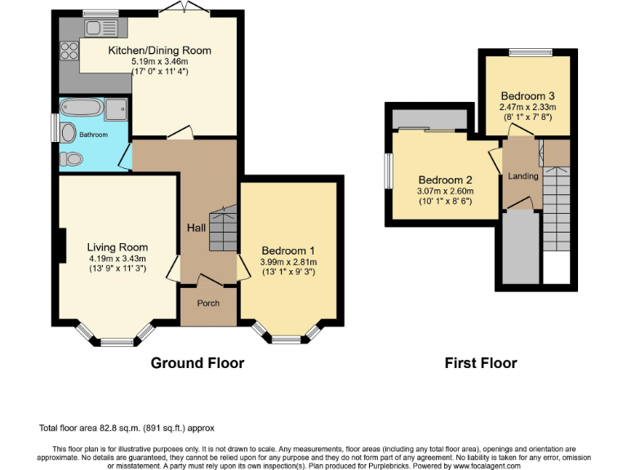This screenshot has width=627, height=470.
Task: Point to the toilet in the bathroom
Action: [x=71, y=158]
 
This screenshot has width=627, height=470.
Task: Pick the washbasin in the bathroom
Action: [x=67, y=133]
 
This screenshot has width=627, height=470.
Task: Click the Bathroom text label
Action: [x=93, y=135]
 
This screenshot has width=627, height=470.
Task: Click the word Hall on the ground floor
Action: [x=196, y=228]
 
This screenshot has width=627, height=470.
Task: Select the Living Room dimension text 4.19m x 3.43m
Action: [x=118, y=258]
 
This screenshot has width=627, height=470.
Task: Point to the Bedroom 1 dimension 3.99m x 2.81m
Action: [x=287, y=262]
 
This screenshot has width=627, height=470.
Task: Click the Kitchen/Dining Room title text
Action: [x=160, y=51]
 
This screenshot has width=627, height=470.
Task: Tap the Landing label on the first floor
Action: [x=523, y=176]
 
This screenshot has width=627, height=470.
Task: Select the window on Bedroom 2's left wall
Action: [x=389, y=172]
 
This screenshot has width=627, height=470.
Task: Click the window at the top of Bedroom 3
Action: [x=527, y=53]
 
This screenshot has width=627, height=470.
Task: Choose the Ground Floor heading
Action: [x=198, y=363]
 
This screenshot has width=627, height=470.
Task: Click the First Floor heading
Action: [x=481, y=363]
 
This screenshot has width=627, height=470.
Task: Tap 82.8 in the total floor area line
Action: [x=109, y=428]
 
